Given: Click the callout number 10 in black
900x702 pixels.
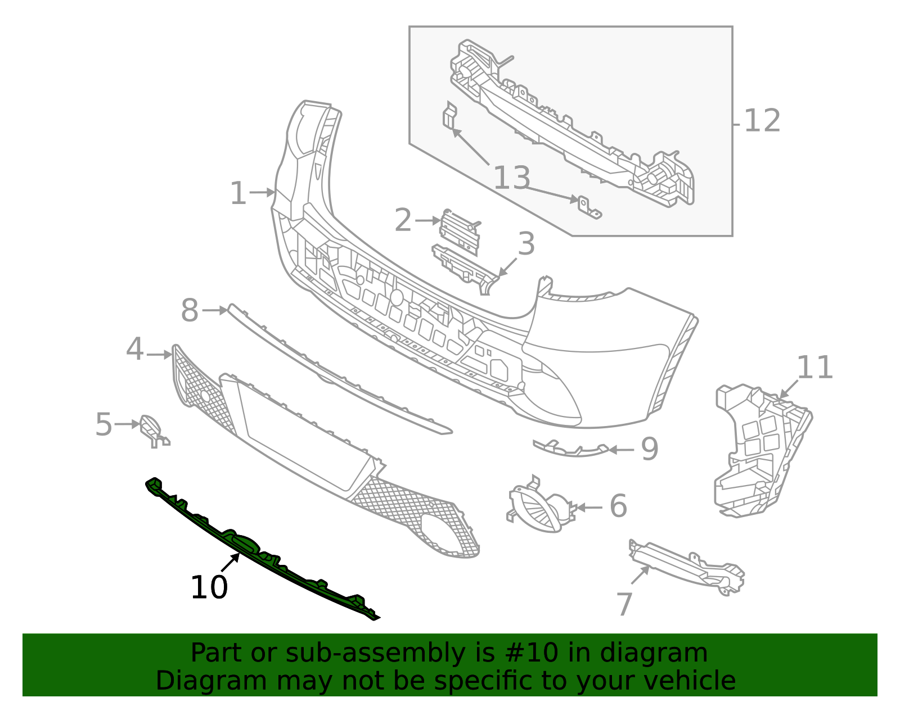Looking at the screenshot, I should [x=209, y=588].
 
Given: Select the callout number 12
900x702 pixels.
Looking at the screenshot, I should [x=762, y=121].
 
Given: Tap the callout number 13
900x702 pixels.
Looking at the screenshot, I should [x=511, y=178].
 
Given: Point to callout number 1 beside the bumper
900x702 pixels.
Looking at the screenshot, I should [x=238, y=194].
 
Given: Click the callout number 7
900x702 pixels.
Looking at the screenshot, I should [x=625, y=605].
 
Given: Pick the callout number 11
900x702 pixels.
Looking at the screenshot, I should [x=814, y=368].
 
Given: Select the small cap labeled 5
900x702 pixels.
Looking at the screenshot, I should [x=151, y=427].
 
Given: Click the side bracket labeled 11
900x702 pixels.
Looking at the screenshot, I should [x=759, y=450].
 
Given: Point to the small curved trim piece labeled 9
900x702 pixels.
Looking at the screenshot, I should [x=571, y=449].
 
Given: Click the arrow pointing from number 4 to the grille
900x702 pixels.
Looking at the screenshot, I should [x=159, y=355].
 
